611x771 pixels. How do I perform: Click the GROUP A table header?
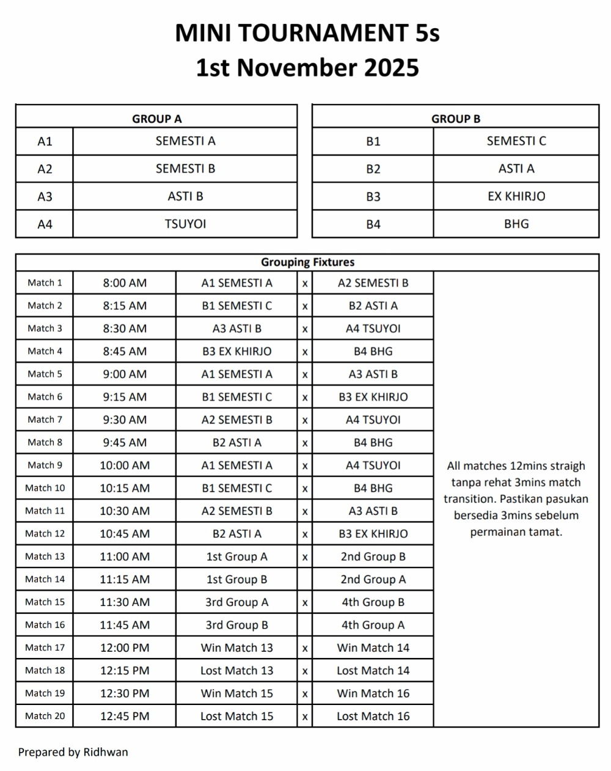click(156, 119)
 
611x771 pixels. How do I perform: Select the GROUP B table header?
click(455, 119)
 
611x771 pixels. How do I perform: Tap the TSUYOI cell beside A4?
click(185, 224)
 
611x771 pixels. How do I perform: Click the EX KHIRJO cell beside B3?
click(516, 196)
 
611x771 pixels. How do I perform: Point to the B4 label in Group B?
click(373, 224)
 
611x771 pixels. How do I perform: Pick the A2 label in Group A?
click(45, 169)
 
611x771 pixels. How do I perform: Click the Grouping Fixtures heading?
click(307, 262)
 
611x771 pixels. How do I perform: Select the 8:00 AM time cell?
click(125, 283)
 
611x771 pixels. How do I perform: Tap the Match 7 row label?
click(45, 420)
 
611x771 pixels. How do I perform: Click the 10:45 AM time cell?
click(125, 533)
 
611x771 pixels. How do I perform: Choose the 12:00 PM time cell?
click(125, 648)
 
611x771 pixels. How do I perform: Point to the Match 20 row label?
click(45, 716)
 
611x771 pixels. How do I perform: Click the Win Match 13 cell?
click(236, 648)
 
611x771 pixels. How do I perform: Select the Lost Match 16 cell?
click(373, 716)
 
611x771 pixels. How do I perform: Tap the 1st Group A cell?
click(236, 557)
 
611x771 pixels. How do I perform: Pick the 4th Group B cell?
click(373, 602)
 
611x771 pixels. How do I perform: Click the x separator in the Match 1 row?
click(305, 283)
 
